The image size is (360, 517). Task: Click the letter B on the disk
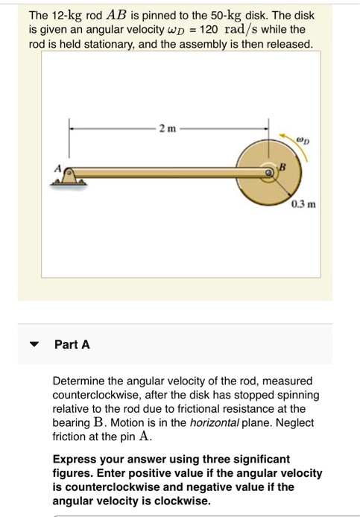[282, 170]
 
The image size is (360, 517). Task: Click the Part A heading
[72, 344]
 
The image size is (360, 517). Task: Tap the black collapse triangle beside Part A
[33, 345]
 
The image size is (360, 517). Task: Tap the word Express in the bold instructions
[74, 459]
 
